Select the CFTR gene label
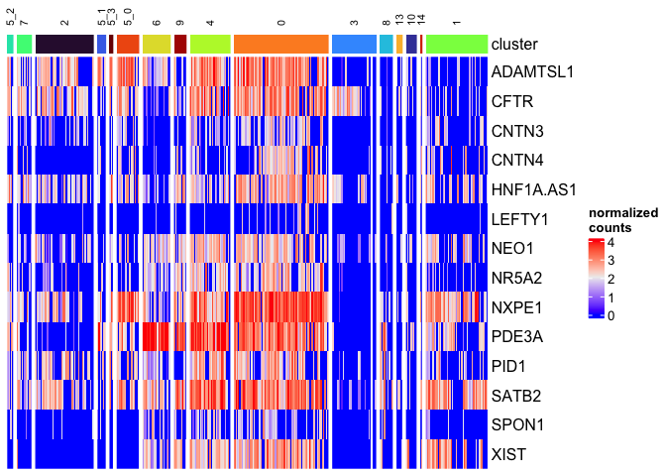[x=512, y=102]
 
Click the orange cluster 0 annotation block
[x=280, y=44]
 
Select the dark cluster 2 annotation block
[x=64, y=44]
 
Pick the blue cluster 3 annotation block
[x=354, y=44]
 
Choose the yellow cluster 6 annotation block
[x=156, y=44]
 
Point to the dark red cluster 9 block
[x=179, y=44]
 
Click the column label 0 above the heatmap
[x=280, y=21]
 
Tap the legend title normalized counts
[x=615, y=220]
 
